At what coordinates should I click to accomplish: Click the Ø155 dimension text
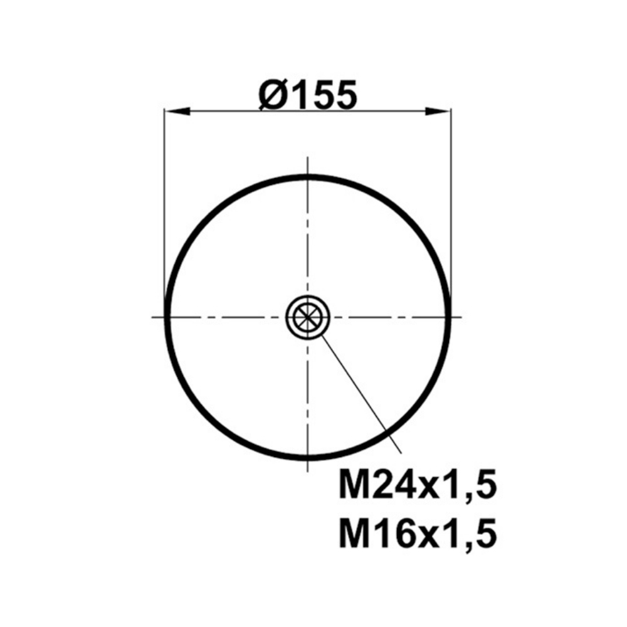pos(307,95)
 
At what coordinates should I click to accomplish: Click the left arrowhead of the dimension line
pos(177,112)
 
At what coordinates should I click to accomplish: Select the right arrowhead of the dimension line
pos(438,112)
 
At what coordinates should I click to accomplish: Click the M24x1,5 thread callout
pos(418,485)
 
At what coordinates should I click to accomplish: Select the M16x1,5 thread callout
pos(418,532)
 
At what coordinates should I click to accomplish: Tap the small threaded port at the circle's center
pos(307,317)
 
